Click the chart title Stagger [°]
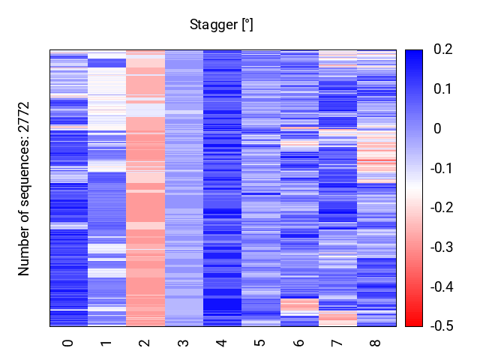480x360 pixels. click(x=221, y=25)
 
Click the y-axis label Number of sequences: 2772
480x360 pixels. click(x=25, y=188)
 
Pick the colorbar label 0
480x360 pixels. click(x=437, y=129)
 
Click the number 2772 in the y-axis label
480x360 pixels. click(x=25, y=119)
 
